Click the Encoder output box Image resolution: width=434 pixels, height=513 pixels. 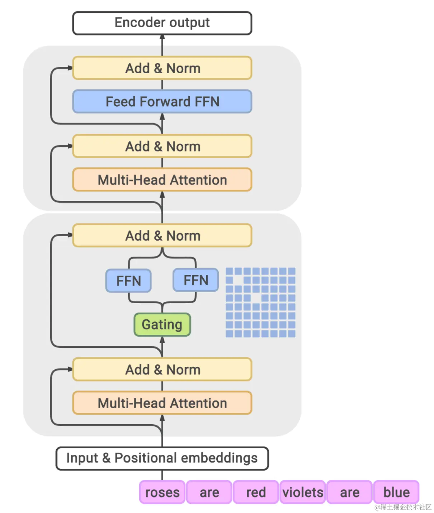pos(162,23)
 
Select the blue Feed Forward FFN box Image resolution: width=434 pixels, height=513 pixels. pos(162,101)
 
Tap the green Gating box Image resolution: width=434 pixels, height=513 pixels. pos(162,324)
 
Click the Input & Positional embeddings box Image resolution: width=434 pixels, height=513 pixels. pos(162,458)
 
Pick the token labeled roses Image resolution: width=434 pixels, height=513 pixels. pos(162,492)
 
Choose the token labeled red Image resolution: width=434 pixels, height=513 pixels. pos(256,492)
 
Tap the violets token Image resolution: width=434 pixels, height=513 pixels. pos(303,492)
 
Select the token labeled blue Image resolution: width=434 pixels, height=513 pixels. pos(396,492)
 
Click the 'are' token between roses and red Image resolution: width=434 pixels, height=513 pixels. pos(209,492)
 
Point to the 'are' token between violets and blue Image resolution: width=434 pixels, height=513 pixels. pos(349,492)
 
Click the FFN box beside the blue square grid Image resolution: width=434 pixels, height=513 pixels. pos(195,280)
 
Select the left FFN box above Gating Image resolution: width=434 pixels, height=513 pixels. pos(128,281)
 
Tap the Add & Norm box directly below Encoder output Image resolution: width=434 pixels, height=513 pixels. pos(162,68)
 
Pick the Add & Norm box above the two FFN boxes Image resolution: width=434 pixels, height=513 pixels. pos(162,235)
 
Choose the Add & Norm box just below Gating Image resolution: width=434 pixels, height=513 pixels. pos(162,369)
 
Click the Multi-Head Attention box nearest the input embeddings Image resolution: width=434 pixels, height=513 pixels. pos(162,403)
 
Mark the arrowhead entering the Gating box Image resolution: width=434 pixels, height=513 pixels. pos(162,339)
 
